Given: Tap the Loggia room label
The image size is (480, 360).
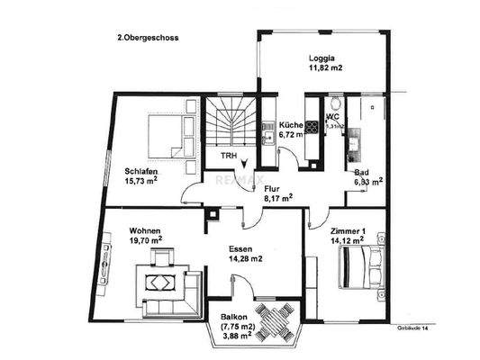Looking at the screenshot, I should (x=322, y=55).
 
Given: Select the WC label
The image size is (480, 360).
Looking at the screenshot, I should (x=332, y=116).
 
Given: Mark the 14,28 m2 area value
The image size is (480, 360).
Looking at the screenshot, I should (x=243, y=259).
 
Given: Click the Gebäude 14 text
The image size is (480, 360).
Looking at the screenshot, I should (x=415, y=329).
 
